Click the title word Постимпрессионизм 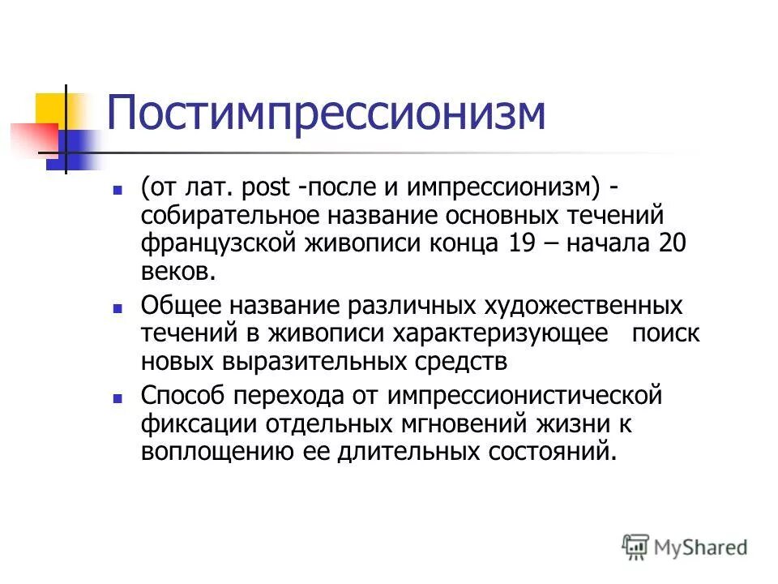pos(326,114)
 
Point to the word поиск pos(666,333)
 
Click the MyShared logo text pos(700,547)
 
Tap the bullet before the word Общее pos(118,309)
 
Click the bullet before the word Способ pos(118,399)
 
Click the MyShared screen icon pos(636,547)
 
